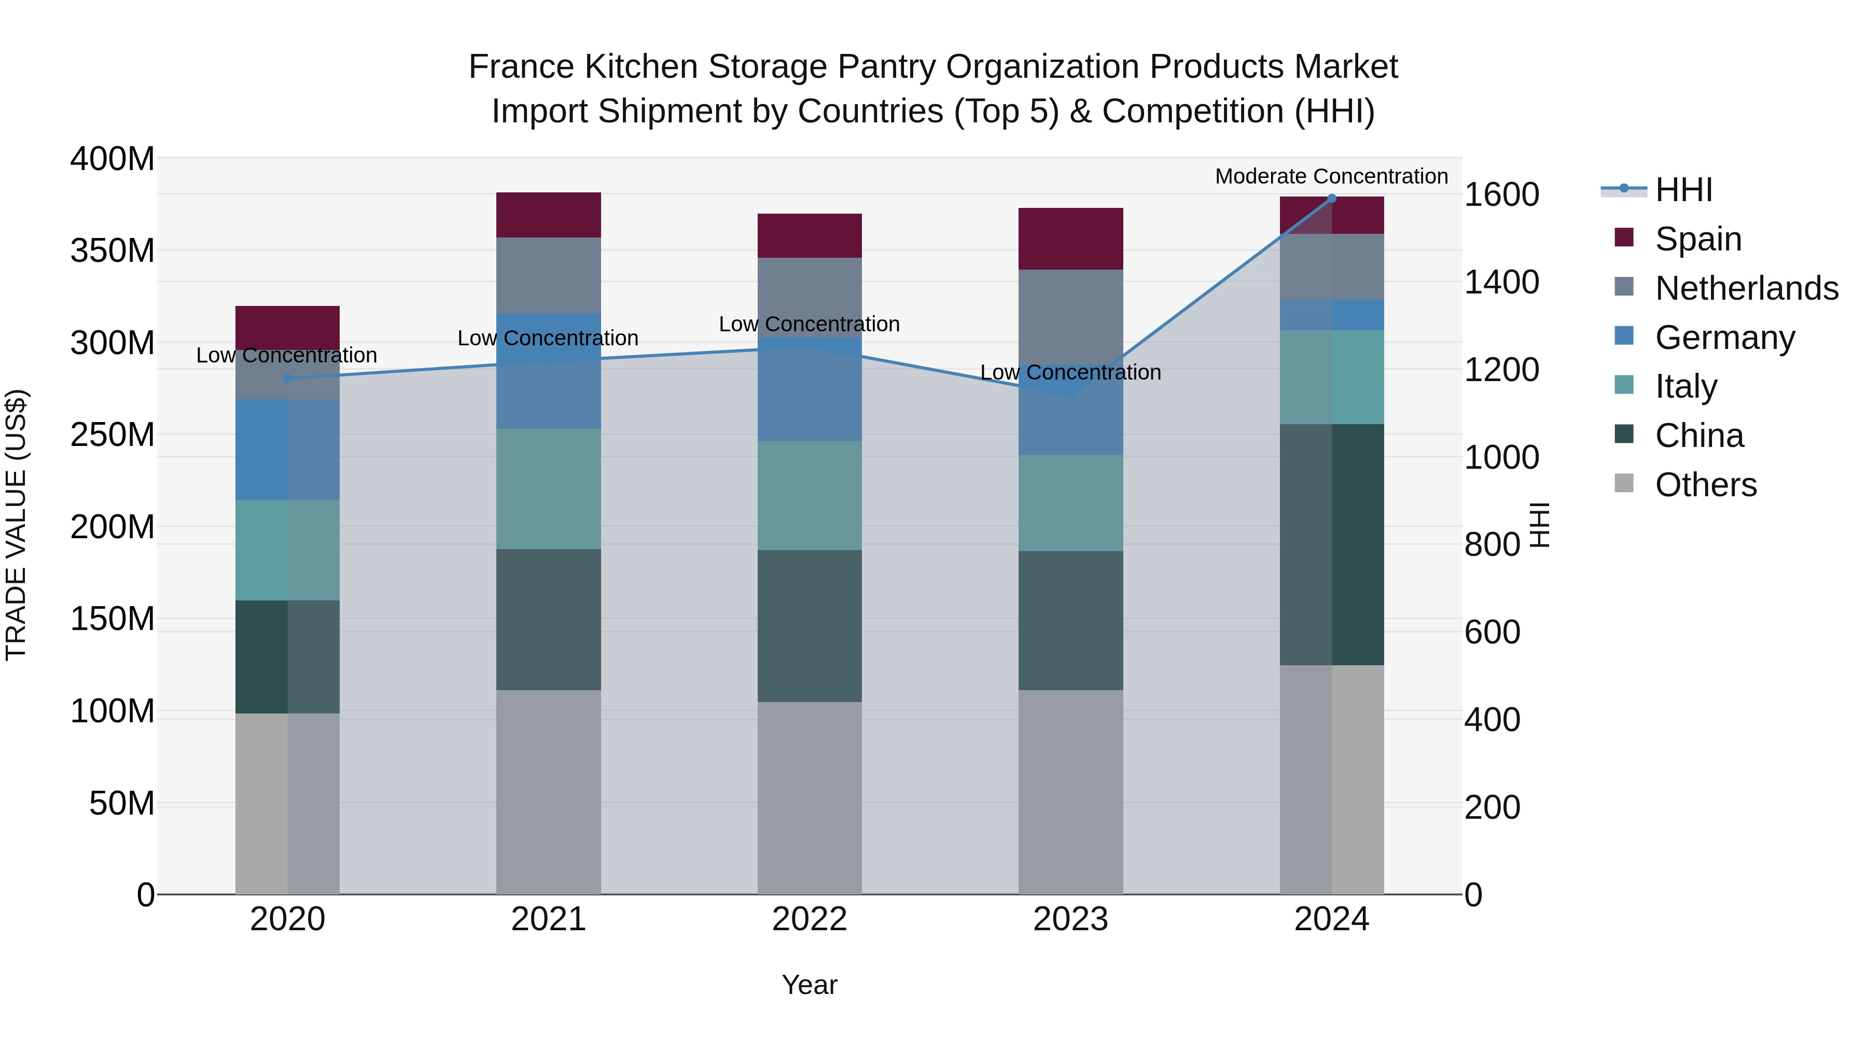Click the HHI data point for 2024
click(1331, 199)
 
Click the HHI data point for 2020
click(288, 379)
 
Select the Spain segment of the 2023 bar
click(1070, 239)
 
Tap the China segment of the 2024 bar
click(1331, 544)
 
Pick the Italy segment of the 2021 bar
click(549, 488)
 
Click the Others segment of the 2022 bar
click(810, 797)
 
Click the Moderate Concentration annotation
click(1331, 176)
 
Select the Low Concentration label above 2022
click(809, 324)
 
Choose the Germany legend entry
click(1725, 338)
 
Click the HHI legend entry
click(1683, 190)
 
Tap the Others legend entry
click(1705, 485)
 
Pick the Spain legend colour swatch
click(1624, 237)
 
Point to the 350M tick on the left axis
click(113, 251)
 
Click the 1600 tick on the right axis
click(1501, 195)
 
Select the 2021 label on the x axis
click(549, 919)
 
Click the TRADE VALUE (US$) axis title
click(17, 525)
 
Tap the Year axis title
click(810, 985)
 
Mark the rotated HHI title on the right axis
click(1539, 525)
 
